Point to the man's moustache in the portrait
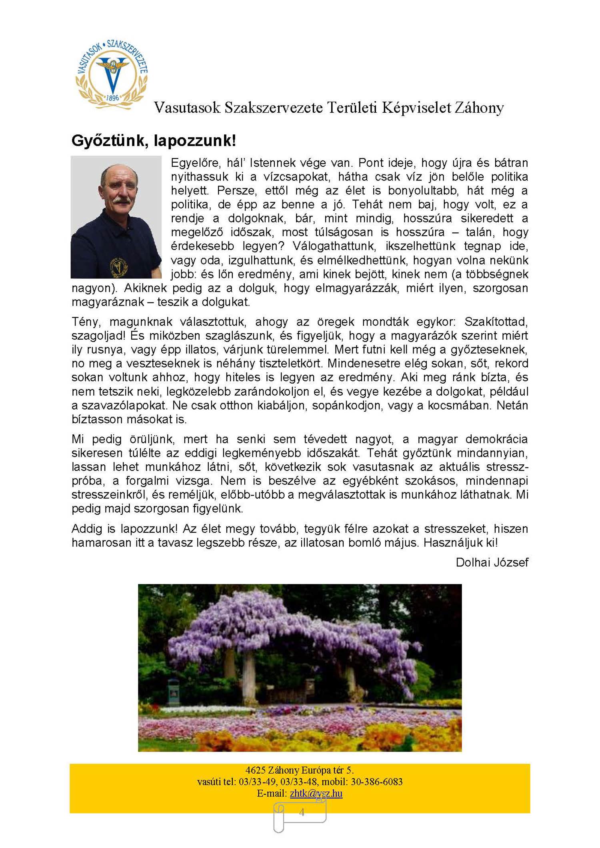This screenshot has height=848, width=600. tap(121, 200)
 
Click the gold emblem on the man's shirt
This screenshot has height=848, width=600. tap(118, 267)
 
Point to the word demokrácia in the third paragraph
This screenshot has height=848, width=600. tap(496, 439)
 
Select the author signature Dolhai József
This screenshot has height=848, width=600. tap(492, 562)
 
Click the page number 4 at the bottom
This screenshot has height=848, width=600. tap(302, 812)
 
